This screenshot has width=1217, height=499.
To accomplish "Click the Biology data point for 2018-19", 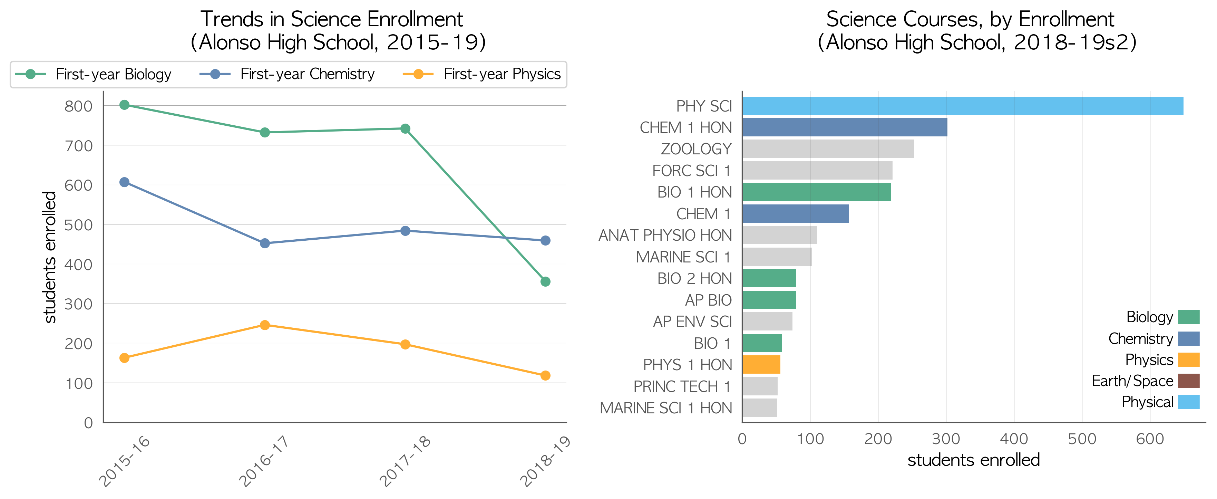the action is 545,282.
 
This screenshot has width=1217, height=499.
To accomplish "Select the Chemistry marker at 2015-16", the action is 124,182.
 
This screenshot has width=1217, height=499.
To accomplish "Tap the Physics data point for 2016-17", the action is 265,325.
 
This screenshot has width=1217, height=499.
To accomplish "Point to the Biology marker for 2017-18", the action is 405,128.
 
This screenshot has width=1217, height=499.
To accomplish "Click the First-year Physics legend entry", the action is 481,74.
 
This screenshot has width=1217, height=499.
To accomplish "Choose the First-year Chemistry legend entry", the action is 287,74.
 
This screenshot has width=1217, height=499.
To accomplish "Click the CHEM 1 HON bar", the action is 845,127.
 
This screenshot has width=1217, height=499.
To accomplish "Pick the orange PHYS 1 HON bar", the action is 761,364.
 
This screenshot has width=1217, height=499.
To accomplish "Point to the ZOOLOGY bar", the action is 828,149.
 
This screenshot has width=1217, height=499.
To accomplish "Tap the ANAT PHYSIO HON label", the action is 665,235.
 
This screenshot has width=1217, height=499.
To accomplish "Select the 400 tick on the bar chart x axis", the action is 1014,439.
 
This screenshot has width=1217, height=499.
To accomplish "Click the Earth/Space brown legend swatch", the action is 1189,381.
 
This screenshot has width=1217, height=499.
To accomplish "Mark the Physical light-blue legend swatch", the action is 1189,402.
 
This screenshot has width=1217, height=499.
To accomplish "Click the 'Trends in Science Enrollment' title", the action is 332,19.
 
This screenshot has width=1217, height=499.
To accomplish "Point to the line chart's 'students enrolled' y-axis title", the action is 50,258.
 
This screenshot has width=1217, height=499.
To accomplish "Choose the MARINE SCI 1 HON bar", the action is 760,408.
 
